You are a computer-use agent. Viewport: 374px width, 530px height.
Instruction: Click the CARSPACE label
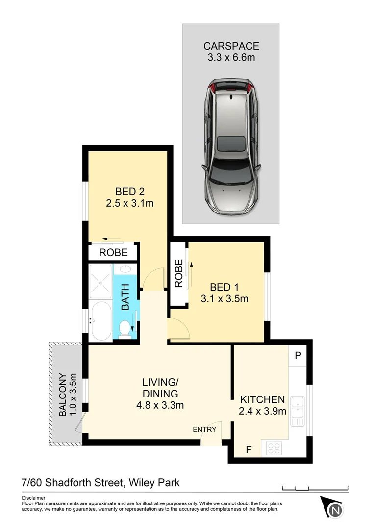tap(231, 47)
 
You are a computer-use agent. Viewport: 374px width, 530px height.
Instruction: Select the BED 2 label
tap(130, 191)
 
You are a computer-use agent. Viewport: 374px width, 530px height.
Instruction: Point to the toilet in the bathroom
tap(125, 328)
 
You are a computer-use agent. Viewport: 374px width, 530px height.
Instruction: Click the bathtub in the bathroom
tap(101, 321)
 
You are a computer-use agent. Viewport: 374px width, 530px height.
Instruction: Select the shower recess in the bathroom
tap(101, 281)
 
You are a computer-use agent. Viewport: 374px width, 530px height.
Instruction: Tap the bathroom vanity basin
tap(125, 269)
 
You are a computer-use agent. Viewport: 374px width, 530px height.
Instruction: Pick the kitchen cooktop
tap(273, 448)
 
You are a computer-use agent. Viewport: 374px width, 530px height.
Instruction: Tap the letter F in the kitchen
tap(249, 449)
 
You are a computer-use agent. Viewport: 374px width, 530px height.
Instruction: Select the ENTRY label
tap(204, 429)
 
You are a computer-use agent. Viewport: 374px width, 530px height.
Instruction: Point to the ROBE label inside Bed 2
tap(113, 253)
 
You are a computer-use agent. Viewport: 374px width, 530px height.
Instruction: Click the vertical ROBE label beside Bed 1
tap(178, 273)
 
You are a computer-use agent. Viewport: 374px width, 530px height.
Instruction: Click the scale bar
tap(315, 487)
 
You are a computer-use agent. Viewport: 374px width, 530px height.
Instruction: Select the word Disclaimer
tap(33, 498)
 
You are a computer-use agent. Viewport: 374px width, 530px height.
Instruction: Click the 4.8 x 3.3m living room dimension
tap(160, 405)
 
